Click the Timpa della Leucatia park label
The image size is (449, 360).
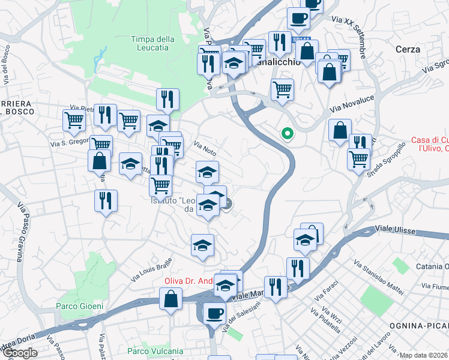coord(152,44)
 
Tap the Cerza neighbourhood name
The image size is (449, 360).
coord(408,49)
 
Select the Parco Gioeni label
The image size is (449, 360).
coord(80,306)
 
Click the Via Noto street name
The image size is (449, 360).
coord(205,148)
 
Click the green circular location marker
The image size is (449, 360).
coord(288,134)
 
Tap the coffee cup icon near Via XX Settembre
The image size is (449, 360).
coord(298,19)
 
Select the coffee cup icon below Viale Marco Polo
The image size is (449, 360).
coord(214,313)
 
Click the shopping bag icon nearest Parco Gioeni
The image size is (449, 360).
coord(171,298)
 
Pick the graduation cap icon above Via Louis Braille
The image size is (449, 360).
coord(202,245)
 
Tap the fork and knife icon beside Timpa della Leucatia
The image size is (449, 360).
coord(167,99)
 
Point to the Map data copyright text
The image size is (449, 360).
coord(424,355)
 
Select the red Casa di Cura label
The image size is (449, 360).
coord(430,144)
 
